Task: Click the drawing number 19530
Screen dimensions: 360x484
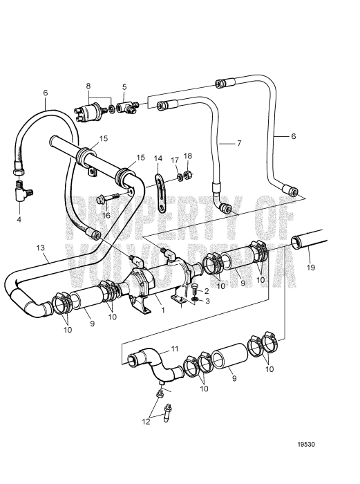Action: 306,444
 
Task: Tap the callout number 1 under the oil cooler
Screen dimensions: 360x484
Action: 163,310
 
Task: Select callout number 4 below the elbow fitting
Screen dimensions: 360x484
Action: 19,219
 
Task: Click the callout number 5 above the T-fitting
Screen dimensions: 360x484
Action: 124,86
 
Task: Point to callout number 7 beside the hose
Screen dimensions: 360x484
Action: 239,143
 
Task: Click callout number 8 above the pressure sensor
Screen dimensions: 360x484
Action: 88,86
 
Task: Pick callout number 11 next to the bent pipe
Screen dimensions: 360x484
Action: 175,348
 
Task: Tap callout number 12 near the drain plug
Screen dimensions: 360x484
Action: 146,421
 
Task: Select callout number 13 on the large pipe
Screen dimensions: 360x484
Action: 40,248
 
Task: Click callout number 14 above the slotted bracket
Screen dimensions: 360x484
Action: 158,158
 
